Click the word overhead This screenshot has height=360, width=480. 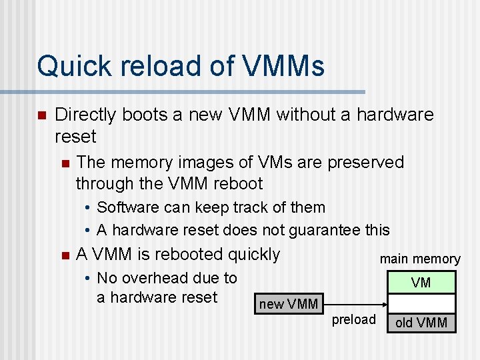[158, 278]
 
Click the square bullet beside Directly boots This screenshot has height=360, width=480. [41, 115]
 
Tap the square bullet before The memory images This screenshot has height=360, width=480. [64, 163]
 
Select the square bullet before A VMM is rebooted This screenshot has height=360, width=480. [64, 255]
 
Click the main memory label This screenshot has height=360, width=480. [420, 259]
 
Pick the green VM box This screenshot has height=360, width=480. [421, 282]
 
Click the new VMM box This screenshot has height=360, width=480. [288, 304]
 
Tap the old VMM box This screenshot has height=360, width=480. [421, 323]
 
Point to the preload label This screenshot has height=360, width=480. [354, 319]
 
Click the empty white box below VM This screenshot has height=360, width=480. [421, 303]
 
